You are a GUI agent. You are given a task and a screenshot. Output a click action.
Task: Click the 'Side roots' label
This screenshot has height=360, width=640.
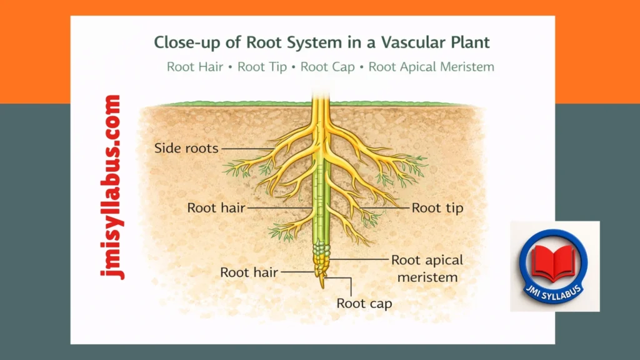pos(186,148)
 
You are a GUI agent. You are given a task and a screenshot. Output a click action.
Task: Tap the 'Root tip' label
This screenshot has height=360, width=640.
pos(437,207)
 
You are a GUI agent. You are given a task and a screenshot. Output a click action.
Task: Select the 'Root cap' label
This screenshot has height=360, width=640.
pos(364,303)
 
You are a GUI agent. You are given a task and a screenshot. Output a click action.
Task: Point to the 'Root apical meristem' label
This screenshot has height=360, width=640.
pos(426,267)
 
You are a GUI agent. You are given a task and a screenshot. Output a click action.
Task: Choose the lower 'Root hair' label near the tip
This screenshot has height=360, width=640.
pos(249,272)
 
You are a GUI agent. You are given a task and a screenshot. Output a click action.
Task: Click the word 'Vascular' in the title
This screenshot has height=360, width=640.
pos(403,42)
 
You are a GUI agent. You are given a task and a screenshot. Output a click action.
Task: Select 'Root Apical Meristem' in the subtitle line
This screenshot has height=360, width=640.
pos(431,67)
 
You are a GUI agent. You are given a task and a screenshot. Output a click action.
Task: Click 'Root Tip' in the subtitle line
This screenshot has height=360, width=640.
pos(262,67)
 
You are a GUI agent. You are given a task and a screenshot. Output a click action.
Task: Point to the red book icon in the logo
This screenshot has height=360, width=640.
pos(554,261)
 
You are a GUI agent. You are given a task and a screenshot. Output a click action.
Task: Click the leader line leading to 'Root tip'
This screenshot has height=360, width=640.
pos(381,207)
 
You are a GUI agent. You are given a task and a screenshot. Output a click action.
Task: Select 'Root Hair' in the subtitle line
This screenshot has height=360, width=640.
pos(194,67)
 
